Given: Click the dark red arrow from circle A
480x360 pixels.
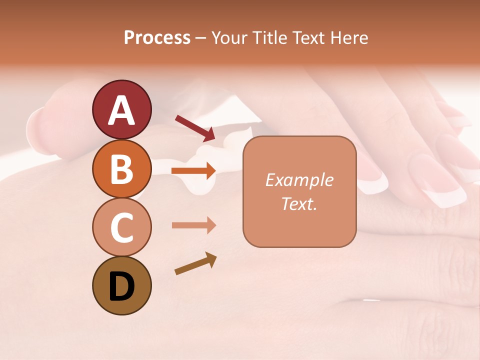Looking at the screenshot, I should point(195,128).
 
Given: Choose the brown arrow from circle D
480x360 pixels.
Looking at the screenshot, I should point(195,264).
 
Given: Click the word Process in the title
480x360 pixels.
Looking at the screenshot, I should point(157,38).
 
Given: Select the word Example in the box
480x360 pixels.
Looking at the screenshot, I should point(299,180).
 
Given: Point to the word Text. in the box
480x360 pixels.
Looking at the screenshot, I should point(299,203).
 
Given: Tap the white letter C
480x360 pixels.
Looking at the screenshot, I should point(121,228).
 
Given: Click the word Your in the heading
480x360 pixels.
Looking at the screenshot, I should point(229,38).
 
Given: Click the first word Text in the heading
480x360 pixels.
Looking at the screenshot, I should point(305,38).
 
